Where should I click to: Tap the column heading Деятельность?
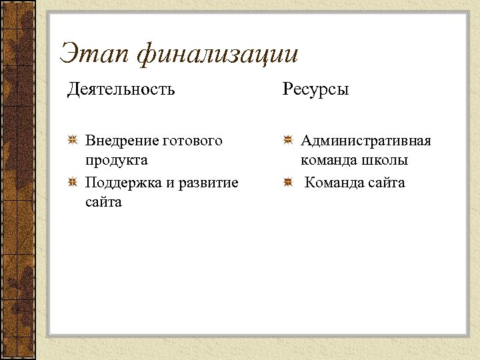pos(121,89)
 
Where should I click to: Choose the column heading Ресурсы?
pos(315,89)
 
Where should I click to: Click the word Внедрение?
pos(122,141)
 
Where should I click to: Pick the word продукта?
pos(117,161)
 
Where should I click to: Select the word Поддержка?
pos(123,182)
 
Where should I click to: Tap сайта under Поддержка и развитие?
pos(103,202)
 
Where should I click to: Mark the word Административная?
pos(365,141)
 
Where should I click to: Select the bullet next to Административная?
pos(287,141)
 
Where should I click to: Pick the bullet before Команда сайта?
pos(287,182)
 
